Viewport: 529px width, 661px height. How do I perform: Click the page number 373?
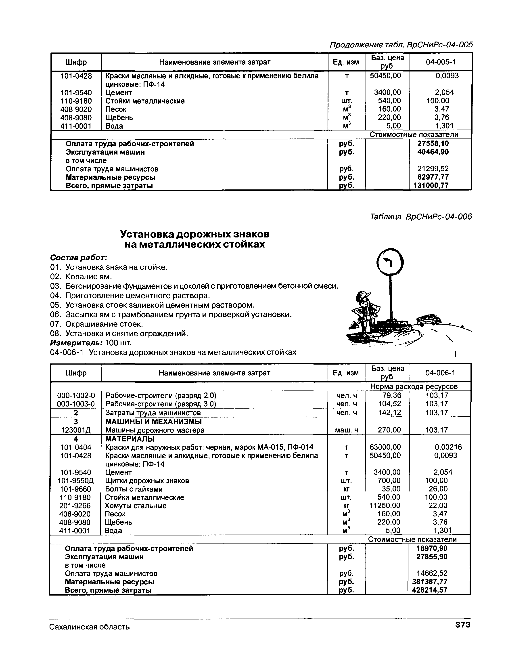462,625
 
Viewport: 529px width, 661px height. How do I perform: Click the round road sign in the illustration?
390,262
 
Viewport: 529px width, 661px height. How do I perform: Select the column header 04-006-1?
440,373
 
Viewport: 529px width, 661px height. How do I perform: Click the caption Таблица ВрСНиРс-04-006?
421,217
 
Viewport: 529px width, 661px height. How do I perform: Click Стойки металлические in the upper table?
145,101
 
